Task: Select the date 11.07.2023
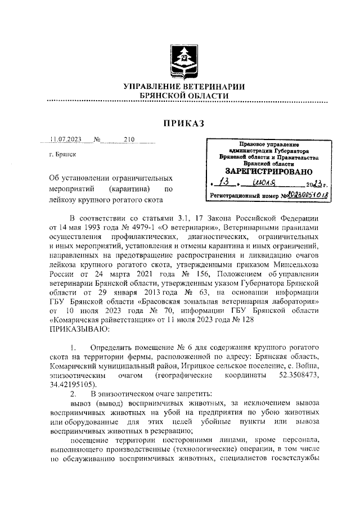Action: [66, 139]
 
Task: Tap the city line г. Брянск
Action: [63, 154]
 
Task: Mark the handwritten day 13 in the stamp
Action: [224, 183]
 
